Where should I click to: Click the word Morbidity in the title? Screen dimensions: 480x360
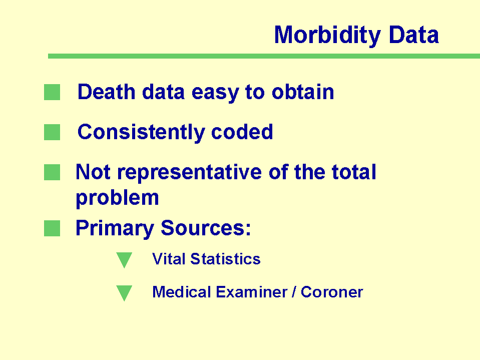(x=327, y=36)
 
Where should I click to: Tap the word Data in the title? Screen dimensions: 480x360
(x=414, y=35)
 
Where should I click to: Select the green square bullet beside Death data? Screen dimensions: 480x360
(x=52, y=92)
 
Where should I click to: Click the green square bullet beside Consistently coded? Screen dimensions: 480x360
(x=52, y=132)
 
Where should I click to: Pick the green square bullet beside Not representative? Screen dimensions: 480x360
(x=52, y=172)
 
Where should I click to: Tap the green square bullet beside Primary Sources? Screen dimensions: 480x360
(x=52, y=228)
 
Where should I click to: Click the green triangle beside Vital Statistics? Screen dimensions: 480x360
(x=124, y=259)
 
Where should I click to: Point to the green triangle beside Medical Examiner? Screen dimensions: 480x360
(x=124, y=292)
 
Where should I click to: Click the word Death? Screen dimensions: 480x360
(x=107, y=92)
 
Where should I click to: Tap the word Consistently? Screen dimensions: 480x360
(x=142, y=133)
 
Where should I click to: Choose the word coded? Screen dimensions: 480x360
(x=242, y=132)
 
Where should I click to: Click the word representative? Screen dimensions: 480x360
(x=190, y=173)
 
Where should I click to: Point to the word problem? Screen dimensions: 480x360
(x=117, y=198)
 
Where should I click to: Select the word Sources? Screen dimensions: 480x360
(x=206, y=228)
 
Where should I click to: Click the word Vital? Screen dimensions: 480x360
(x=169, y=259)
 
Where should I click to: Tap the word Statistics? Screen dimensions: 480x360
(x=226, y=259)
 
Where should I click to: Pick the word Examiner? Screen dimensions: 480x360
(x=252, y=292)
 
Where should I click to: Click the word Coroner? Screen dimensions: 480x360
(x=332, y=292)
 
